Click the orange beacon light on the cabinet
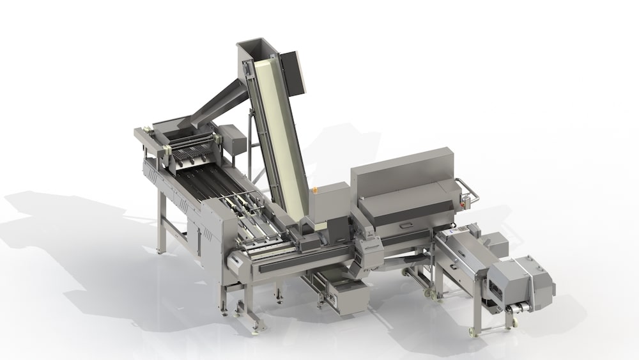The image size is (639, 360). click(x=314, y=190)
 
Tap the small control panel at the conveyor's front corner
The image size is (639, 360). click(x=235, y=261)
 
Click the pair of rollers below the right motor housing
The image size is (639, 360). click(x=516, y=309)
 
